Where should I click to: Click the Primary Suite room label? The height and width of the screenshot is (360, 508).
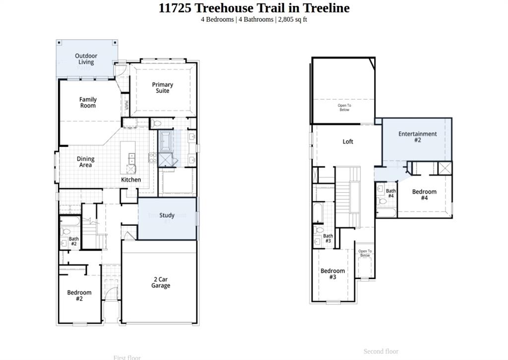[162, 87]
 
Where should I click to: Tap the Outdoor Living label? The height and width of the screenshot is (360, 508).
[86, 59]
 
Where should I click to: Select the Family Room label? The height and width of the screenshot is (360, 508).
[88, 102]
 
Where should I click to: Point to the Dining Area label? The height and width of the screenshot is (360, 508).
[85, 162]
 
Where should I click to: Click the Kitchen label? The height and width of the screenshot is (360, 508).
[131, 180]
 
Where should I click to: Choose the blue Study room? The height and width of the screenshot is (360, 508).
[167, 218]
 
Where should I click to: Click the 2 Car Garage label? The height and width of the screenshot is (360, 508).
[160, 283]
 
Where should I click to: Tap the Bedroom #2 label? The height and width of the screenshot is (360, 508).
[79, 295]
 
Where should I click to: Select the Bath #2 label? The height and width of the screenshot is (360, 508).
[73, 241]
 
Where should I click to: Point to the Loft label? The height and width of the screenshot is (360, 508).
[348, 142]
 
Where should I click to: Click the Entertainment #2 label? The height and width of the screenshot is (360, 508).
[417, 137]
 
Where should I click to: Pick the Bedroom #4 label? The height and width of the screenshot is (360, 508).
[424, 195]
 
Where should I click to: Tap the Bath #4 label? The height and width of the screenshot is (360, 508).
[391, 193]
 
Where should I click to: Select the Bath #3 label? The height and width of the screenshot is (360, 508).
[328, 238]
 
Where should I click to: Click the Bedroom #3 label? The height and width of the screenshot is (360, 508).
[332, 274]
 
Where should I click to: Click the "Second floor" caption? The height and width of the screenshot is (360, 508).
[381, 352]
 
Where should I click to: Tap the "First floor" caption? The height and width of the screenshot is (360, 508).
[127, 358]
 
